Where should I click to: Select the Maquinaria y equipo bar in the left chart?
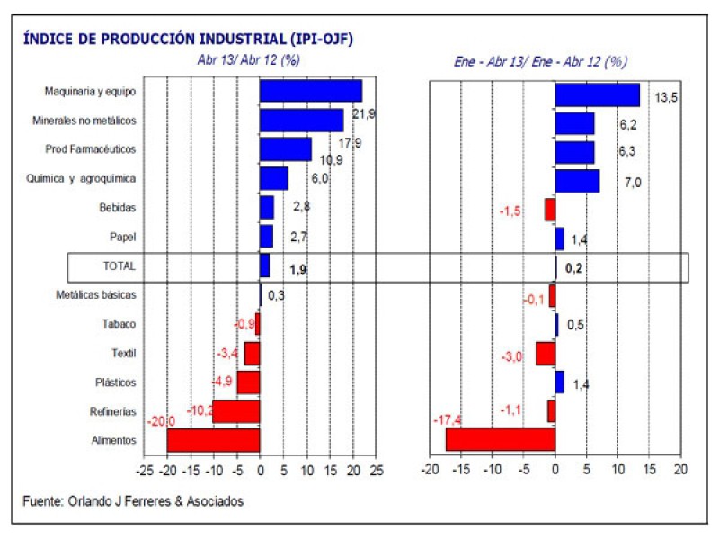[x=310, y=91]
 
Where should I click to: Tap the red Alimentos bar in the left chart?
[x=213, y=440]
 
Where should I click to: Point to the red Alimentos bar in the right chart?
[x=500, y=440]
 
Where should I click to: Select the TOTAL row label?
[x=120, y=266]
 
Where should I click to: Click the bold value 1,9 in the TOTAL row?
[x=298, y=269]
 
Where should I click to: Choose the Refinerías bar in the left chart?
[x=235, y=411]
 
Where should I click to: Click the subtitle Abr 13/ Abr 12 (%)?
[x=249, y=61]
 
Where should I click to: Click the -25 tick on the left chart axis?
[x=144, y=470]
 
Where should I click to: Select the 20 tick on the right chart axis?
[x=680, y=470]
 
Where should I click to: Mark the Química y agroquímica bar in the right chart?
[x=577, y=181]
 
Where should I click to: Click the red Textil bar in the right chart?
[x=545, y=353]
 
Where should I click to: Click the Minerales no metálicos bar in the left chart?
[x=301, y=121]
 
